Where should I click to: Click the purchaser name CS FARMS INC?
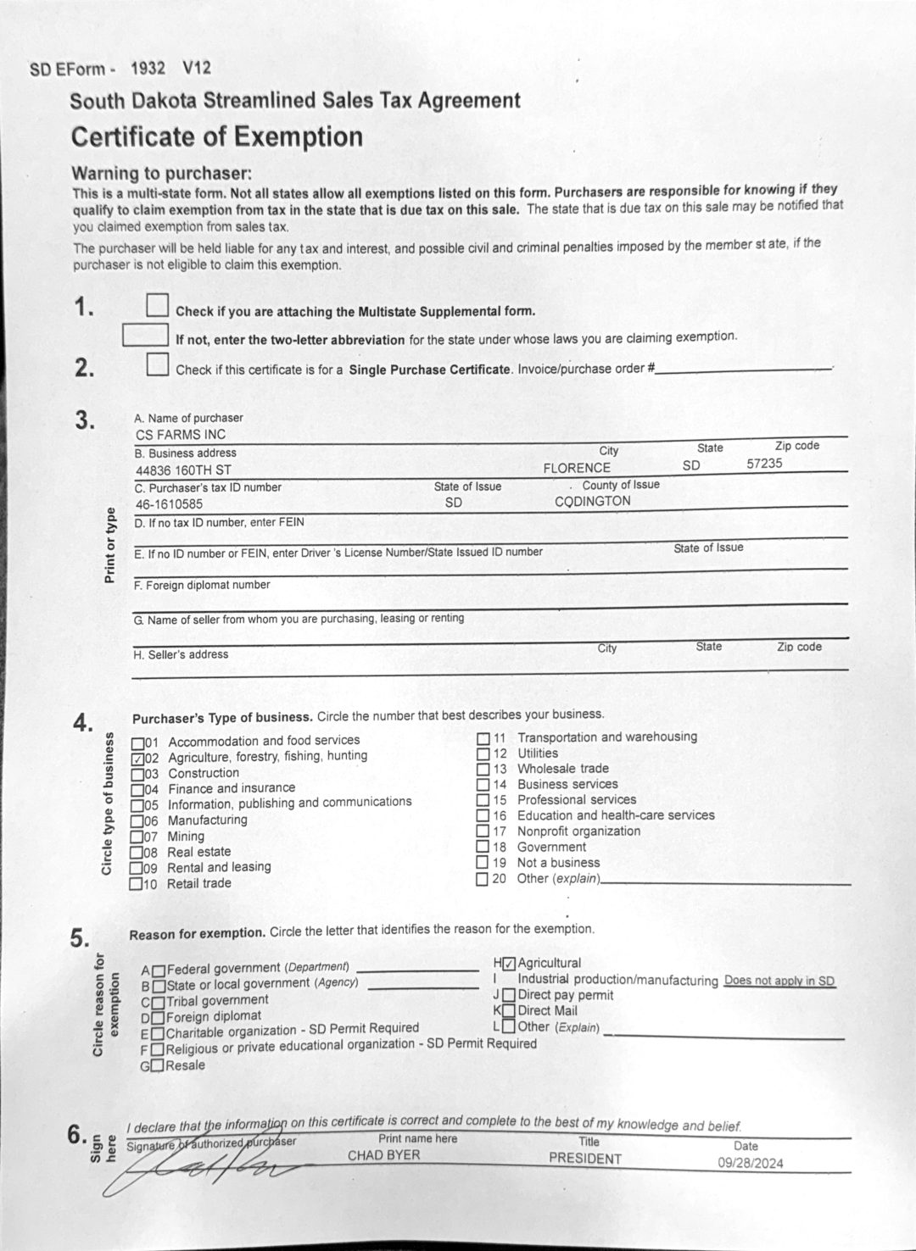coord(180,435)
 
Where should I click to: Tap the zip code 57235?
coord(764,464)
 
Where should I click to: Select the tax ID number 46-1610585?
coord(169,503)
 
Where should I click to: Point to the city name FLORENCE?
coord(577,468)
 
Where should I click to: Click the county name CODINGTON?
coord(593,501)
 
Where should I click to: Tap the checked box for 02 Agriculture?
coord(137,758)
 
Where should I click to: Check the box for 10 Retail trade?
coord(137,884)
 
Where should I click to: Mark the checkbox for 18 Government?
coord(483,847)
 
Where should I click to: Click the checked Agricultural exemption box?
coord(509,964)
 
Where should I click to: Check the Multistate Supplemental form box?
coord(157,306)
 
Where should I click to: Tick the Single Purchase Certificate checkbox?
coord(157,364)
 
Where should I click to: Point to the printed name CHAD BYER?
coord(384,1155)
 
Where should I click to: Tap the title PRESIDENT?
coord(584,1159)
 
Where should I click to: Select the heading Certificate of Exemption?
coord(217,137)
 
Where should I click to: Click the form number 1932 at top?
coord(148,69)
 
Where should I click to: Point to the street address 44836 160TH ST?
coord(183,470)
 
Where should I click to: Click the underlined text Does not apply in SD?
coord(779,981)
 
